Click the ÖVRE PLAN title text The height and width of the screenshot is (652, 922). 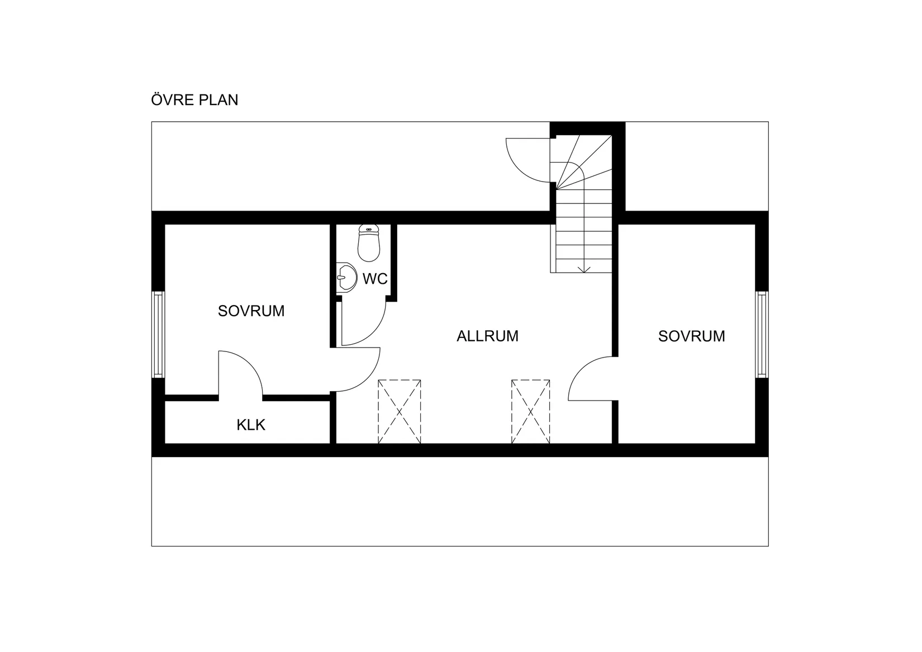click(194, 100)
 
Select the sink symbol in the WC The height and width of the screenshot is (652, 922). click(347, 277)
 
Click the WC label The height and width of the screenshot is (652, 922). click(375, 279)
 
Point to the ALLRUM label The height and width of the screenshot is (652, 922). click(487, 336)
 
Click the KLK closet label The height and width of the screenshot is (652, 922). click(251, 425)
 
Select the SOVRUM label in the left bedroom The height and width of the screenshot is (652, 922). click(251, 311)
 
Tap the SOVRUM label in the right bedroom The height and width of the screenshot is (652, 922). click(691, 336)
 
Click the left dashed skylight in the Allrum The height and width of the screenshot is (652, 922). click(399, 412)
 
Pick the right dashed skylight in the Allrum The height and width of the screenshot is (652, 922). click(530, 412)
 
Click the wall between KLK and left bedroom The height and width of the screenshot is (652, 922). click(190, 398)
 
